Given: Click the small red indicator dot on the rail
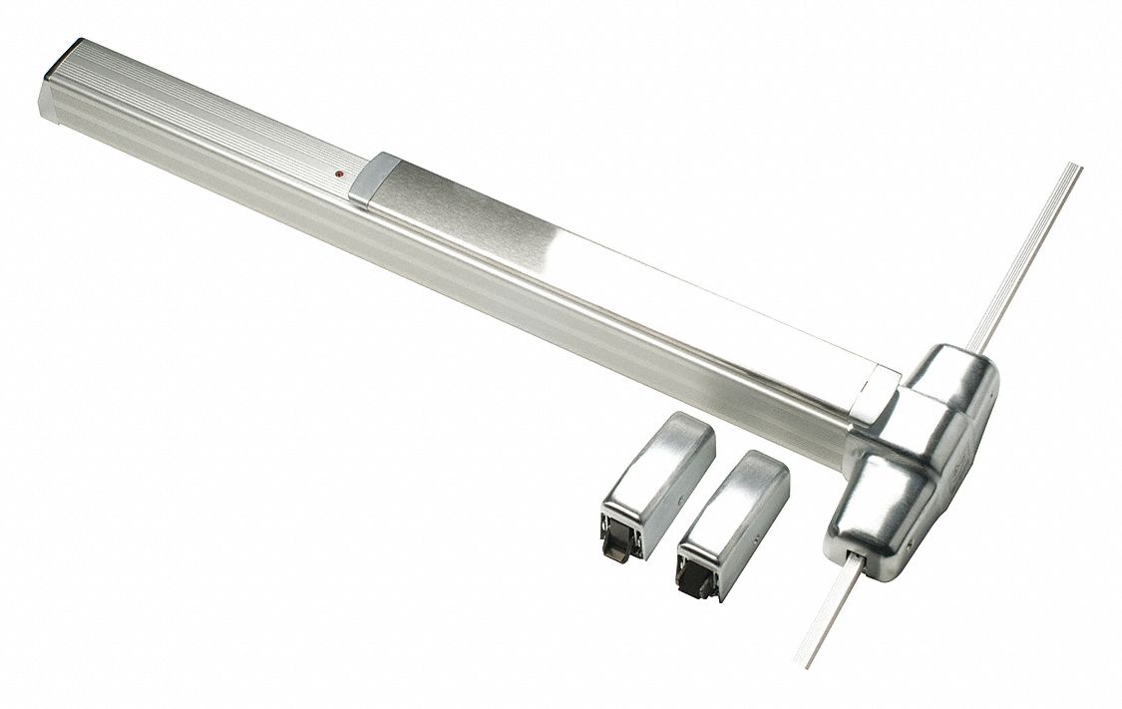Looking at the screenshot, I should tap(340, 175).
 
